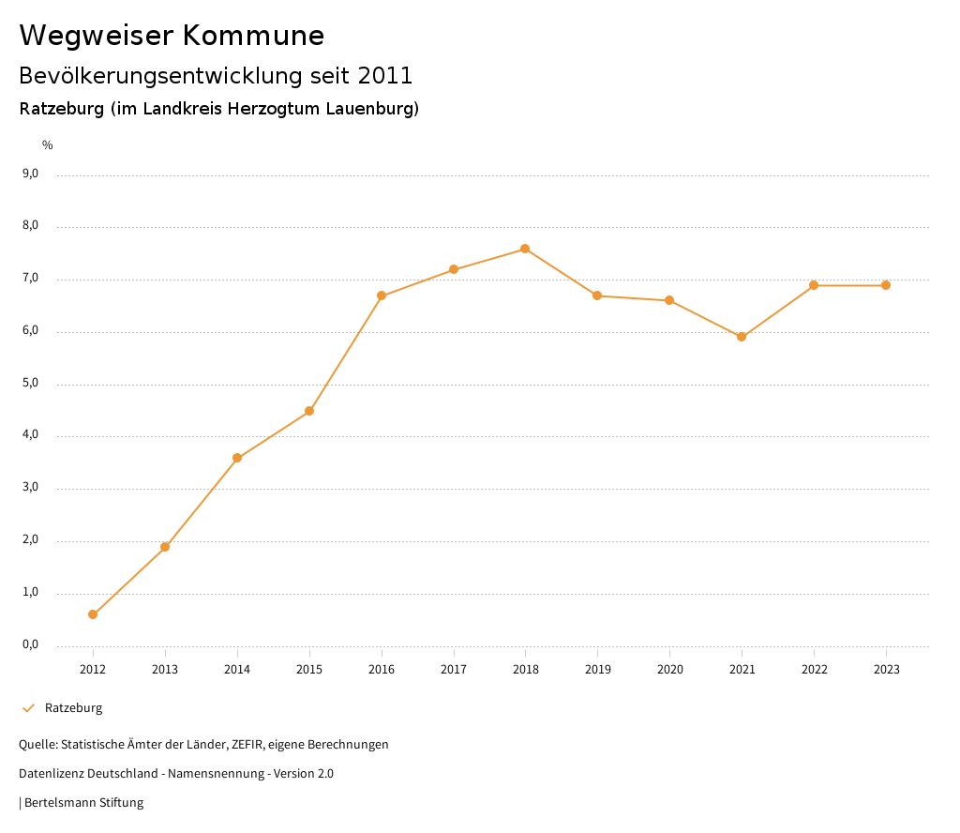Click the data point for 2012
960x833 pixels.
93,614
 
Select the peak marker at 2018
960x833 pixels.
525,249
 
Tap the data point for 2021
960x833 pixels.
742,337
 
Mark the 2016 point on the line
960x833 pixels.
382,295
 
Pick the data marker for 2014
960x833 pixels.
237,458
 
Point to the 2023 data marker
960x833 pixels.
886,285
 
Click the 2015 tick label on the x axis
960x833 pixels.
309,669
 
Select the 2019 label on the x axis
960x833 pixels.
597,669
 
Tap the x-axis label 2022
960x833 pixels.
814,669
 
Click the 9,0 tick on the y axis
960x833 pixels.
30,174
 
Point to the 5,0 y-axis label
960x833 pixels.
30,383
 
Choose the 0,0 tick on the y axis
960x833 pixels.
30,644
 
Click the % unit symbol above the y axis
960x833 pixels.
48,144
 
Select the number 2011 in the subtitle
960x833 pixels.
385,75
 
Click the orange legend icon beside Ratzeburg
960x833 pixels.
28,708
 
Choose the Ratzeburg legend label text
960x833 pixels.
74,708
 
